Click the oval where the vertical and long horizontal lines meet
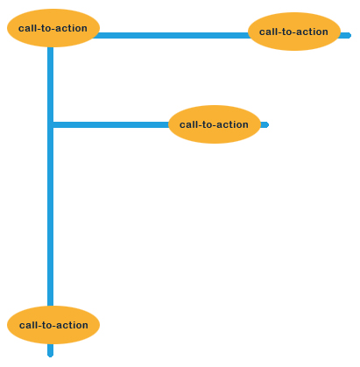pos(53,28)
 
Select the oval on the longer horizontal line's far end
pos(294,32)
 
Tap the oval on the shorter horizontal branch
pos(215,124)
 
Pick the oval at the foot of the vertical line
pos(53,325)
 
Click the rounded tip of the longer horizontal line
pos(349,36)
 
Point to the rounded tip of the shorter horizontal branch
pos(267,125)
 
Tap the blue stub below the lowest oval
pos(50,350)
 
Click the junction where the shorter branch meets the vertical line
pos(51,125)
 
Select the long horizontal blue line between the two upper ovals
pos(171,36)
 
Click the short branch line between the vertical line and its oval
pos(111,125)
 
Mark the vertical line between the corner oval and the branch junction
pos(51,85)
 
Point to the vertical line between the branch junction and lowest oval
pos(51,216)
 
